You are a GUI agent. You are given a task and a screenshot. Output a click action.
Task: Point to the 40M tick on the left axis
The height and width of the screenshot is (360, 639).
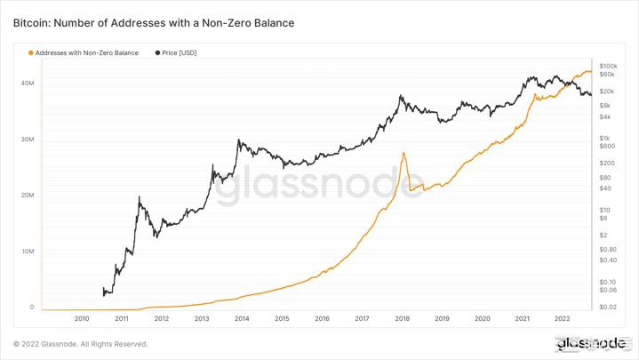pyautogui.click(x=27, y=84)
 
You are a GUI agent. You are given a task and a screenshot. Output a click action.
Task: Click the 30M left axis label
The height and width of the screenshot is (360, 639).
pyautogui.click(x=27, y=140)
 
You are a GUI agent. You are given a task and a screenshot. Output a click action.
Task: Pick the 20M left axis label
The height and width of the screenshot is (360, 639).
pyautogui.click(x=27, y=196)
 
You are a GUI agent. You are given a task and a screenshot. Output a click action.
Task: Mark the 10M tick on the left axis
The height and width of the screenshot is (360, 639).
pyautogui.click(x=27, y=252)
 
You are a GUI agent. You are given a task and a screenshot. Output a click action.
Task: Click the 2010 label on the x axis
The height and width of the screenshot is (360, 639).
pyautogui.click(x=82, y=318)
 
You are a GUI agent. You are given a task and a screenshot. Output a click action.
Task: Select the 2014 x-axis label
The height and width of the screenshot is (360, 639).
pyautogui.click(x=242, y=318)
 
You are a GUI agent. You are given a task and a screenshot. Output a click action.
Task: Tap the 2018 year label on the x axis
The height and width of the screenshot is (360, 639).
pyautogui.click(x=402, y=318)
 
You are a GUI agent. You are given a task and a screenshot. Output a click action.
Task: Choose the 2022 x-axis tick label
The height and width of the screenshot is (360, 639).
pyautogui.click(x=562, y=318)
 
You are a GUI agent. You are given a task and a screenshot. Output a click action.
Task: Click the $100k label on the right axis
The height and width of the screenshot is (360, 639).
pyautogui.click(x=610, y=67)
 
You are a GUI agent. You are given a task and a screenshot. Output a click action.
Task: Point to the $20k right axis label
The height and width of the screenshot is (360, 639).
pyautogui.click(x=608, y=92)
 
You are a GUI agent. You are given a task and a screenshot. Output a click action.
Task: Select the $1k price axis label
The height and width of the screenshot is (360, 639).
pyautogui.click(x=605, y=138)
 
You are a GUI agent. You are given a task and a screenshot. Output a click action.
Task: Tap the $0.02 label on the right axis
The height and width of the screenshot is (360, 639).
pyautogui.click(x=608, y=307)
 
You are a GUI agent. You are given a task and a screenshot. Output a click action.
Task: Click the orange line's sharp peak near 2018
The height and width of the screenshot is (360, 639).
pyautogui.click(x=404, y=153)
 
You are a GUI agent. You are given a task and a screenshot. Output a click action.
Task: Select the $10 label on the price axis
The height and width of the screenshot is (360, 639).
pyautogui.click(x=605, y=209)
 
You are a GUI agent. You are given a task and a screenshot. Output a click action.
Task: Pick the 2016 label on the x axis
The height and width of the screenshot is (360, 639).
pyautogui.click(x=322, y=318)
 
